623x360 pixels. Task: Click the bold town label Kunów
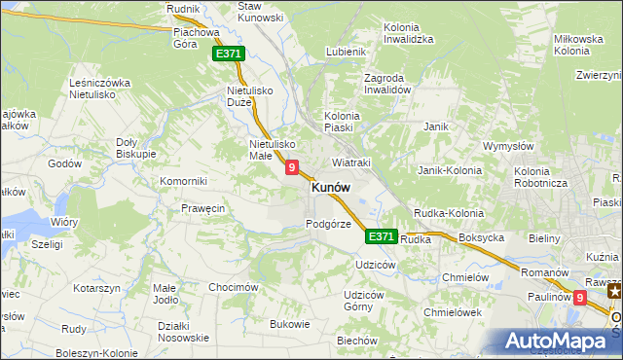click(330, 188)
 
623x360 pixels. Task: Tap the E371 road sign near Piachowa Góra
click(228, 54)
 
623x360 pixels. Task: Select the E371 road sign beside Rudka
click(381, 236)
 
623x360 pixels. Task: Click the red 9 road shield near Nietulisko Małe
click(292, 168)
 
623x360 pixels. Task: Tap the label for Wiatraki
click(350, 162)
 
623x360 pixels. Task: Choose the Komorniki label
click(184, 181)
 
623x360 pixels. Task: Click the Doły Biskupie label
click(136, 146)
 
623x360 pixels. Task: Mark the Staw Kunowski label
click(261, 12)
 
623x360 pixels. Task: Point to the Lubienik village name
click(346, 52)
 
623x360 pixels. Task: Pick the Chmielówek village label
click(453, 312)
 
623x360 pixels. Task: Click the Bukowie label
click(289, 324)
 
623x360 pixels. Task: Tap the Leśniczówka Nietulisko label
click(106, 90)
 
